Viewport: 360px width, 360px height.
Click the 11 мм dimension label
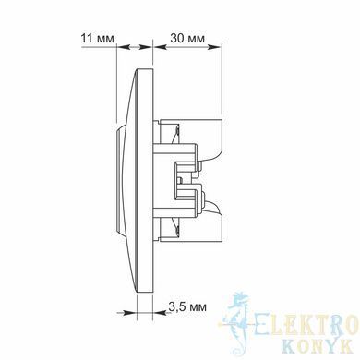(x=97, y=39)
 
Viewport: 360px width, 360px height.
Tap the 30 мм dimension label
(x=187, y=39)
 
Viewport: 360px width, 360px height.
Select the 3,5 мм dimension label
(x=187, y=306)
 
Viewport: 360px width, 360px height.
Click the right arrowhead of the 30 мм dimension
(x=215, y=47)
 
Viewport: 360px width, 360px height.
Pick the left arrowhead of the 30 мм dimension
(x=160, y=47)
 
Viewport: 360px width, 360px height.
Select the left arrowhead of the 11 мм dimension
(x=123, y=47)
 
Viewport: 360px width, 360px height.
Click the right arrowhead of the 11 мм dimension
(x=147, y=47)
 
